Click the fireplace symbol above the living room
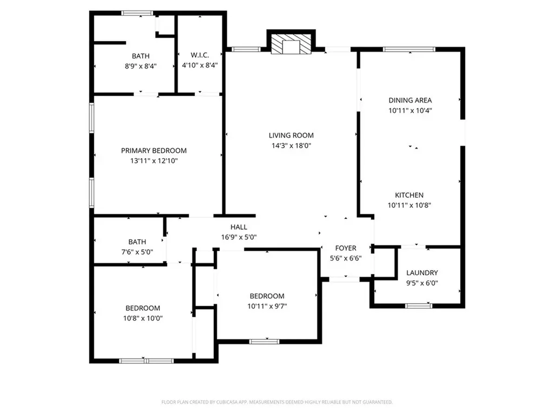click(291, 45)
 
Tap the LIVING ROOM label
click(291, 135)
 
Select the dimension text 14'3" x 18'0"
click(291, 146)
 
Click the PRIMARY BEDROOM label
click(154, 151)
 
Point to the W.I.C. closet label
click(200, 55)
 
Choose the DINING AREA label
click(410, 100)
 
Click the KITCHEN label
click(409, 195)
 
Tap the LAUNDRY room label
click(421, 272)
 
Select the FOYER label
click(346, 248)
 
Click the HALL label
click(239, 227)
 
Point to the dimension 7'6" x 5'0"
click(137, 252)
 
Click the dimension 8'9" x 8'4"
click(141, 66)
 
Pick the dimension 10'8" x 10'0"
click(143, 318)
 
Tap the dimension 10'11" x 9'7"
click(267, 306)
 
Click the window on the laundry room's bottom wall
click(418, 306)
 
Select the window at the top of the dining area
click(409, 49)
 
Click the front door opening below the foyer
click(344, 279)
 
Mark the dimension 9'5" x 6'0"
click(421, 283)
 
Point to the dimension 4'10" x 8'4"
click(200, 66)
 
